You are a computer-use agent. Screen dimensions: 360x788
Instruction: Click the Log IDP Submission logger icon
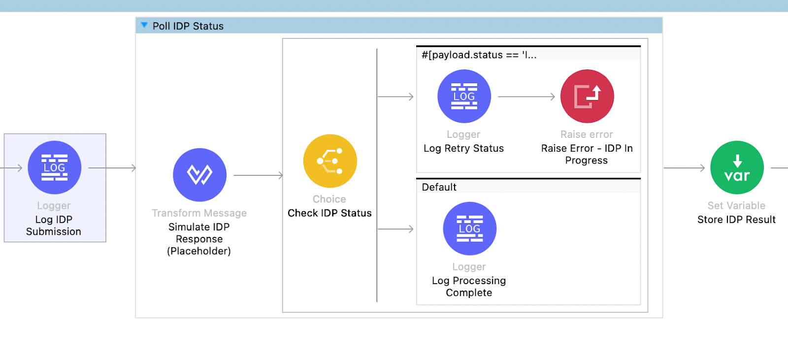click(54, 167)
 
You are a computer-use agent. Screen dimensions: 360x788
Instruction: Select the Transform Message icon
click(199, 175)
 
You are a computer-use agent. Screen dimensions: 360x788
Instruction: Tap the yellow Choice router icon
click(330, 161)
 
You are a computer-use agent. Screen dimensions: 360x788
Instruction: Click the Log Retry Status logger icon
click(464, 97)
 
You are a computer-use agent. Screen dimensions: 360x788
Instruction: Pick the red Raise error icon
click(587, 97)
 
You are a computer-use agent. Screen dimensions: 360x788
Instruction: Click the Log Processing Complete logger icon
click(469, 229)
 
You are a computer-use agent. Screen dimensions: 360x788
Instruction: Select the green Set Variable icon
click(737, 167)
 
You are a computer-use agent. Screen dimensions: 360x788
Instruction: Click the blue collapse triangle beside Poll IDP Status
click(144, 25)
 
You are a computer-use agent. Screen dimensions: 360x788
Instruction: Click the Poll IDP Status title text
click(188, 26)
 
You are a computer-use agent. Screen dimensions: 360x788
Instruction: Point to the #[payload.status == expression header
click(479, 55)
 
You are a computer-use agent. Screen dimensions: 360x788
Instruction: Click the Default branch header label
click(439, 187)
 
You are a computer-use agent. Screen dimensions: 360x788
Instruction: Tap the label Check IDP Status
click(329, 213)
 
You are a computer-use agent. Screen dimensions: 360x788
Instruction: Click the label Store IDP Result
click(736, 220)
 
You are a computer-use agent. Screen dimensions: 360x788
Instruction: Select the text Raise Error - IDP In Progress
click(587, 154)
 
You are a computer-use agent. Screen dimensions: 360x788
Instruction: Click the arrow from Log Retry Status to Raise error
click(526, 97)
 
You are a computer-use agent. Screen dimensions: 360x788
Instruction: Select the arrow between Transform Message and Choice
click(258, 175)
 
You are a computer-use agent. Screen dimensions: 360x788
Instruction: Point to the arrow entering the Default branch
click(395, 229)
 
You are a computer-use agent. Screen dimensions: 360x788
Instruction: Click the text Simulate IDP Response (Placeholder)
click(199, 239)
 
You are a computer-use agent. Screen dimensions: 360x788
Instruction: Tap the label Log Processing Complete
click(469, 287)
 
